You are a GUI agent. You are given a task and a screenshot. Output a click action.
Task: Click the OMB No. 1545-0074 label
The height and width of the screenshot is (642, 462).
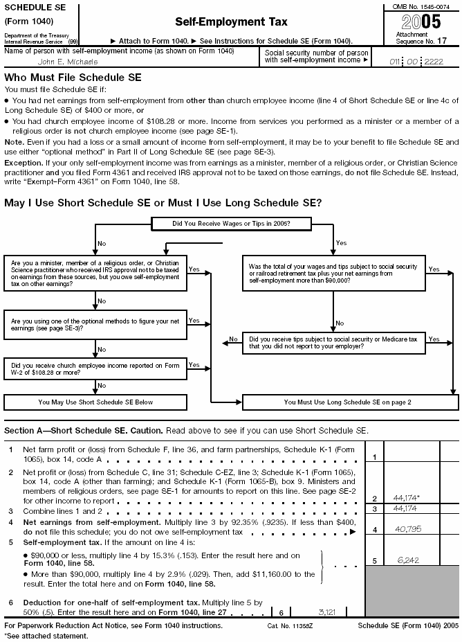(x=421, y=6)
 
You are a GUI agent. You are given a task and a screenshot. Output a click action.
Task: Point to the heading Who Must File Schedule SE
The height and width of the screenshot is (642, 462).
(x=73, y=78)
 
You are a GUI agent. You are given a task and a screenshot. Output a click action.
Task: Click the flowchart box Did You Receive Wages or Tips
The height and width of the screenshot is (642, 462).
(x=221, y=224)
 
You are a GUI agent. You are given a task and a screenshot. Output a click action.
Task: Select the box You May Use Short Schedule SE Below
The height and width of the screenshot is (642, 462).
(x=95, y=402)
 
